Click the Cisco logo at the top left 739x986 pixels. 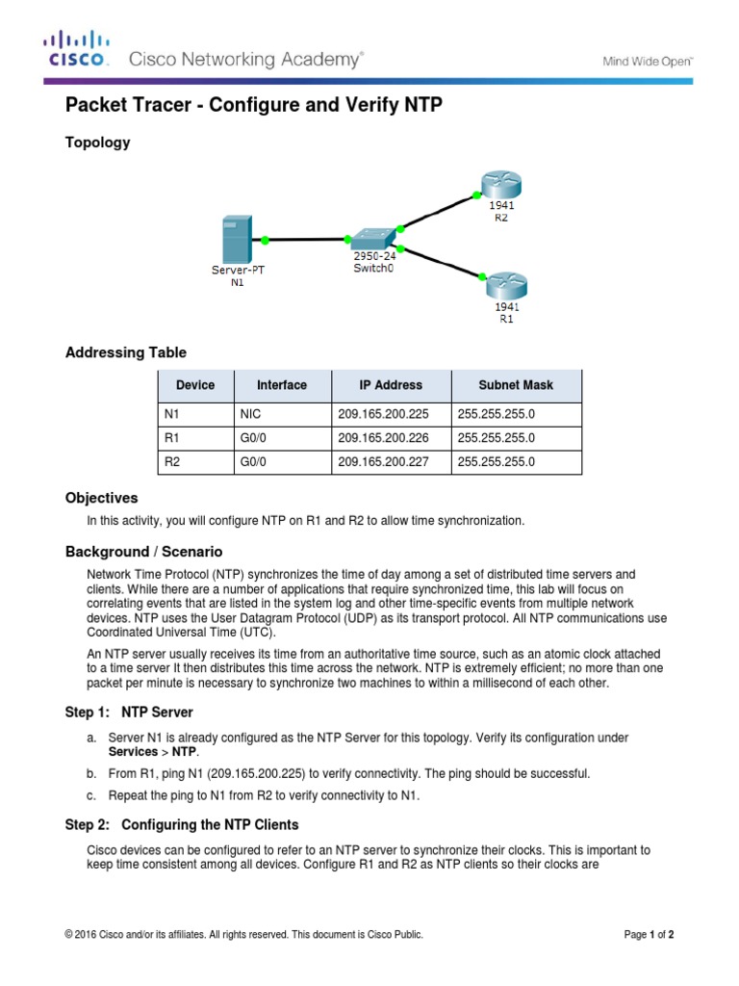[x=76, y=49]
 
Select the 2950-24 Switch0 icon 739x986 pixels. [x=373, y=239]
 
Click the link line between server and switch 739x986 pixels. [x=305, y=239]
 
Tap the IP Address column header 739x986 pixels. [x=391, y=385]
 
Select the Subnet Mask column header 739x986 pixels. [x=516, y=385]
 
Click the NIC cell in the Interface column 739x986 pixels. [x=249, y=414]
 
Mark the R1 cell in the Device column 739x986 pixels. [x=173, y=438]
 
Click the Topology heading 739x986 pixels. [x=97, y=143]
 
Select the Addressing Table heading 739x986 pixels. [x=126, y=352]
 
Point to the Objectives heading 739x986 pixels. [x=101, y=498]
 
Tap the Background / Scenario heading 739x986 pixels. [x=143, y=552]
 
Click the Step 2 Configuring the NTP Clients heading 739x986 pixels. [x=182, y=825]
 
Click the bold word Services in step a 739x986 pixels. [x=133, y=751]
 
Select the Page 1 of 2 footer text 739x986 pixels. [x=655, y=934]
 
